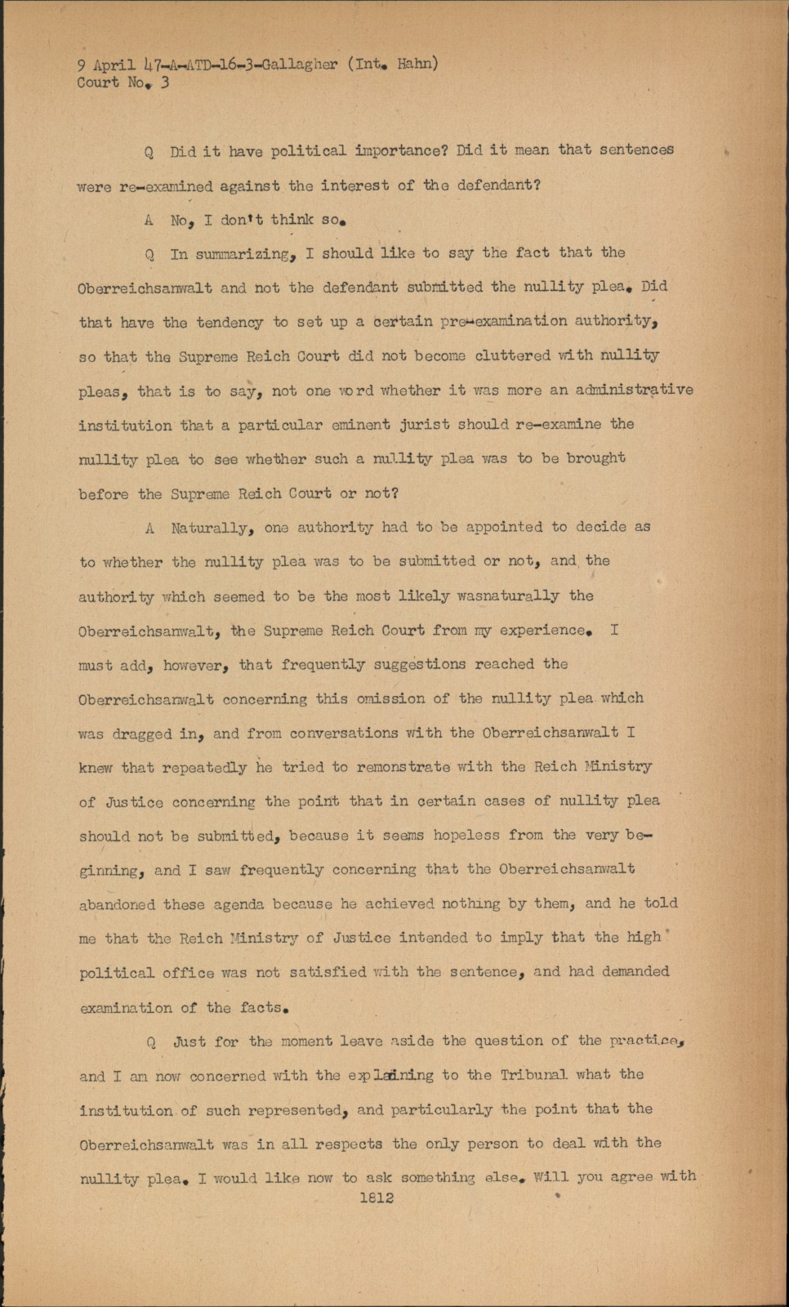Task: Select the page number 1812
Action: pyautogui.click(x=376, y=1198)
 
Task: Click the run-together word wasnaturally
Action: pyautogui.click(x=509, y=596)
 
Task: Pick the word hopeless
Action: pyautogui.click(x=466, y=836)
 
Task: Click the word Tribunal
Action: pyautogui.click(x=534, y=1075)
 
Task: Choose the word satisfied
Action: pyautogui.click(x=326, y=972)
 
